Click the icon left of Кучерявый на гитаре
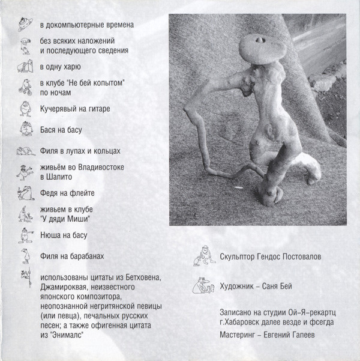click(23, 109)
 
